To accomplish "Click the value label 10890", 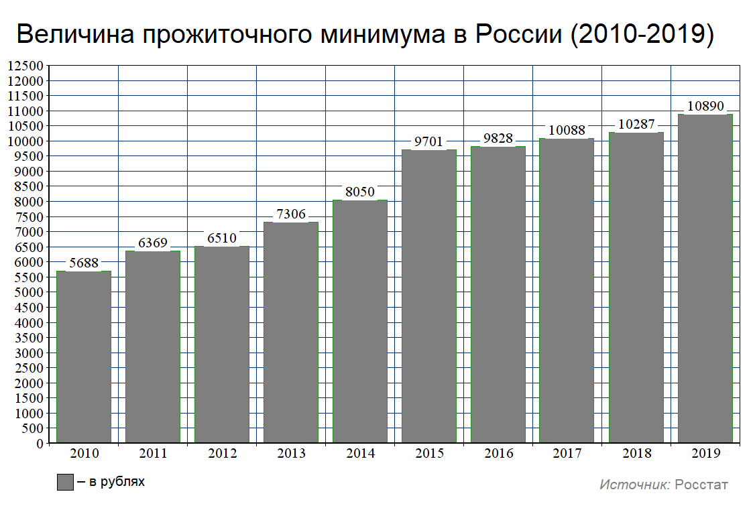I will pos(705,107).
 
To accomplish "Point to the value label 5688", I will pos(84,263).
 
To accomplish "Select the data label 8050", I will pos(360,192).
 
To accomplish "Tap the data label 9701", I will pos(429,142).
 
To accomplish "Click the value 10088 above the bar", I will pos(567,131).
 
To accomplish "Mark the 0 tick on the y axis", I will pos(40,443).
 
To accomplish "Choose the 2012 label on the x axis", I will pos(222,454).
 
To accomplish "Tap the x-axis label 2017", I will pos(567,454).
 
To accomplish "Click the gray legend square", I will pos(64,482).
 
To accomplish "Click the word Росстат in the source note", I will pos(701,485).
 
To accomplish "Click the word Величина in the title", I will pos(73,35).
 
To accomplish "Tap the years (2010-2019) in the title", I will pos(641,35).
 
